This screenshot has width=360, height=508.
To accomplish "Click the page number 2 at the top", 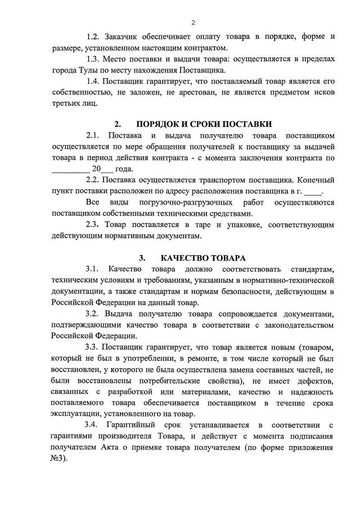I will (193, 22).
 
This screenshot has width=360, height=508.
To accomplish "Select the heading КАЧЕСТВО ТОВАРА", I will (202, 258).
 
